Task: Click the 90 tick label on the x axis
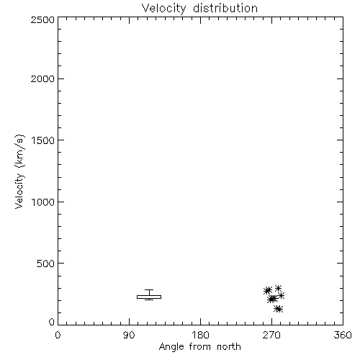click(x=129, y=335)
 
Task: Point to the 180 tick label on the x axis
click(x=200, y=335)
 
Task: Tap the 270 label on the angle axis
click(x=271, y=335)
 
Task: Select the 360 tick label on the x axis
click(x=343, y=335)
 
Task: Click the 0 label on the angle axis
click(x=58, y=335)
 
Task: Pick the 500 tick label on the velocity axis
click(x=45, y=264)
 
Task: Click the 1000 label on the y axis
click(x=43, y=202)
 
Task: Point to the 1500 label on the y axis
click(x=43, y=140)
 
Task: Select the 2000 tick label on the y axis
click(x=42, y=79)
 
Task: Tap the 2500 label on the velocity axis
click(x=42, y=19)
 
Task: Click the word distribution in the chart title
click(x=225, y=8)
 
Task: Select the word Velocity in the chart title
click(x=163, y=9)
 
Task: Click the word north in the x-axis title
click(x=228, y=347)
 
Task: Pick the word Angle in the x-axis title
click(x=171, y=347)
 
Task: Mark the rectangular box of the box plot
click(x=149, y=297)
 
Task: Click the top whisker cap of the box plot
click(x=149, y=290)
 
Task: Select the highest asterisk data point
click(x=278, y=288)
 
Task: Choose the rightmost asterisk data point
click(x=281, y=295)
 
